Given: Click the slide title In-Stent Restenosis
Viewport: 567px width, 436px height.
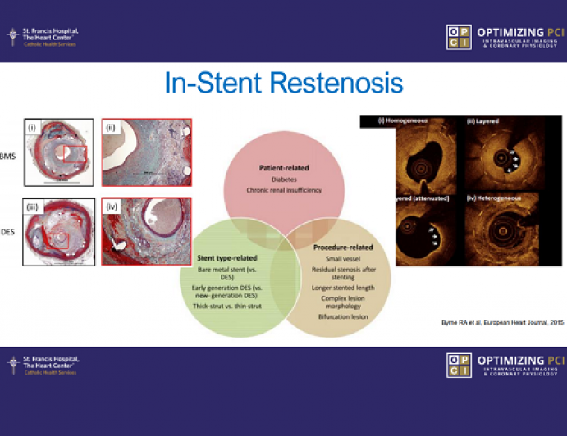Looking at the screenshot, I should tap(283, 84).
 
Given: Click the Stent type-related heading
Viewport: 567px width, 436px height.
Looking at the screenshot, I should tap(226, 257).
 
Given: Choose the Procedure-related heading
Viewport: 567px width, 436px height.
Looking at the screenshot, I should tap(344, 247).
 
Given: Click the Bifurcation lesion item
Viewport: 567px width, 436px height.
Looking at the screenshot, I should tap(340, 316).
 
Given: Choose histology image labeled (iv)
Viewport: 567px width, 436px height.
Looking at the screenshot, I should tap(146, 231).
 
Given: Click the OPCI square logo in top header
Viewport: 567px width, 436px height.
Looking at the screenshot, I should tap(459, 38).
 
